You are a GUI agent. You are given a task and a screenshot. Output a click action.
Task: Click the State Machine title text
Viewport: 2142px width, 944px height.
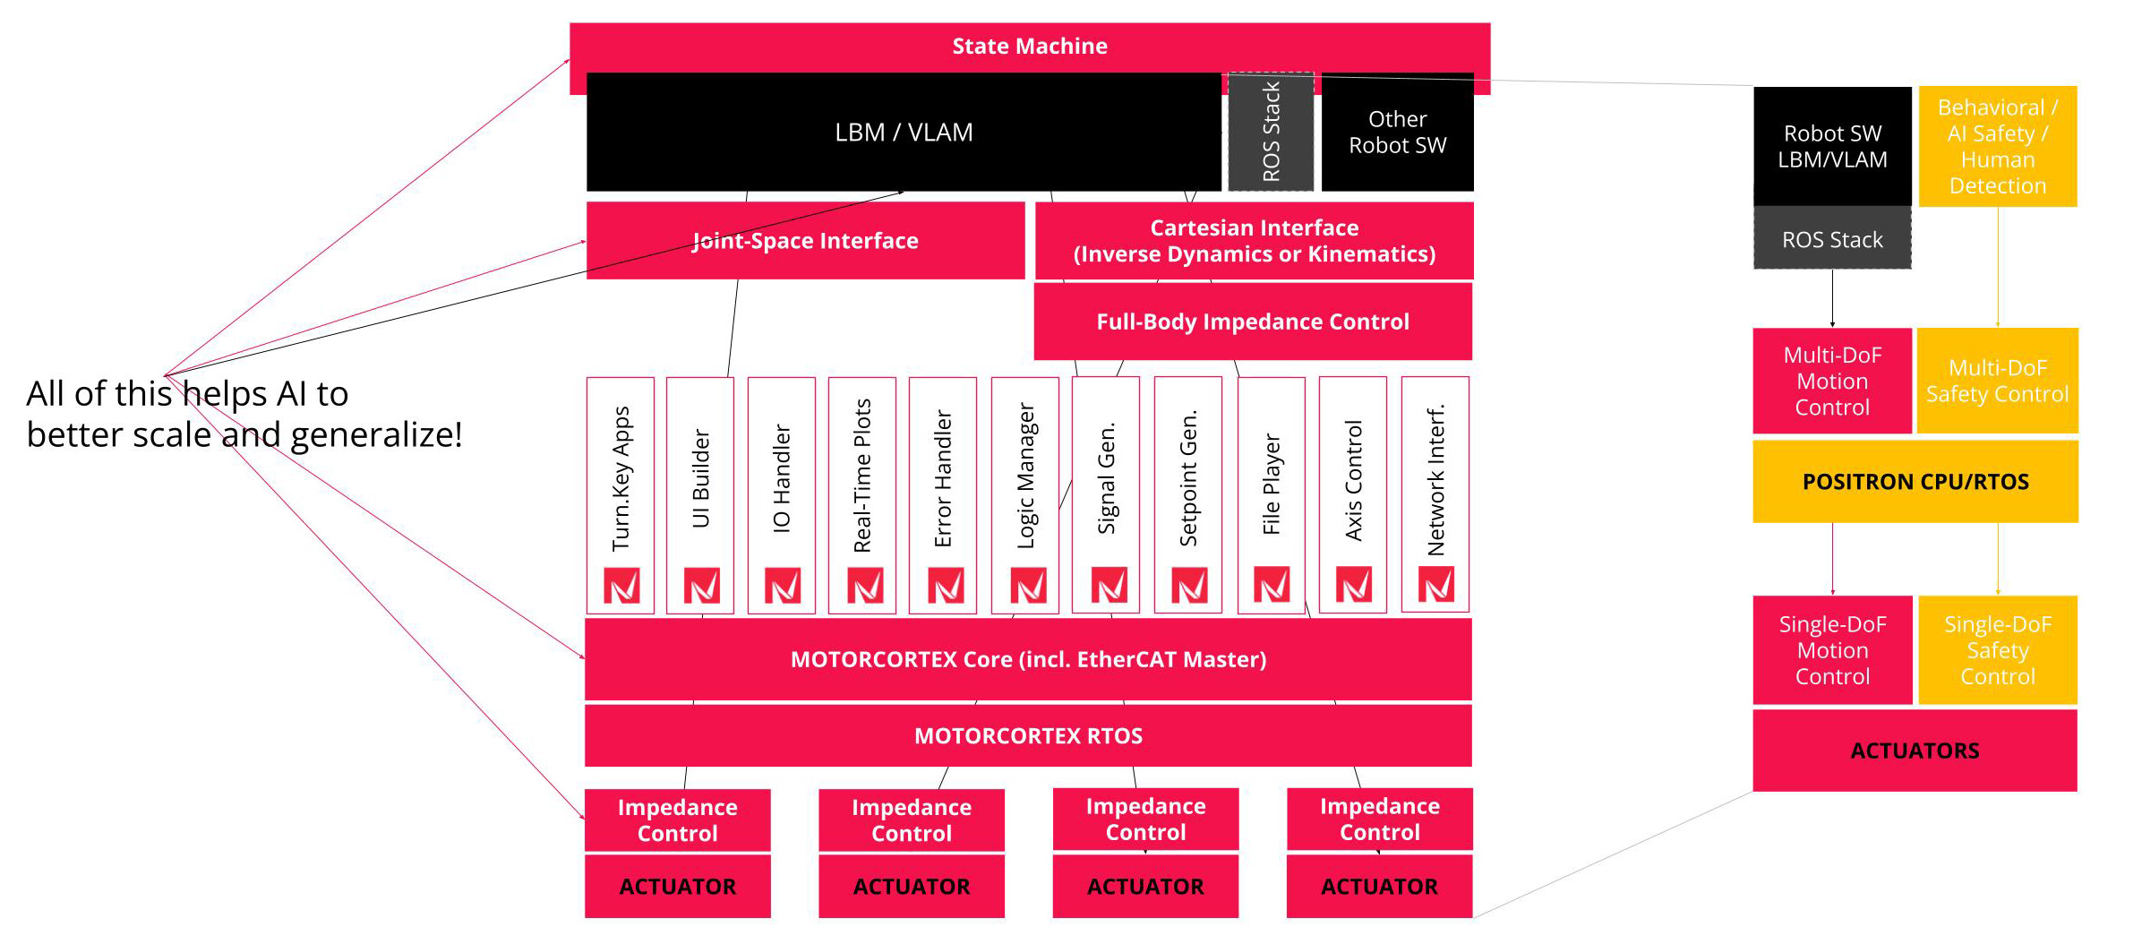(x=1029, y=47)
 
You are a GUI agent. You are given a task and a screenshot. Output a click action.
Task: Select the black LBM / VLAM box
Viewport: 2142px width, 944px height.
(x=903, y=133)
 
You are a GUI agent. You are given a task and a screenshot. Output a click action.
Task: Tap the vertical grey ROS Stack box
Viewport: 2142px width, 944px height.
(x=1270, y=132)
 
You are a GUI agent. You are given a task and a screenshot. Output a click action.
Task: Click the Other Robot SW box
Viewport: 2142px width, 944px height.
(x=1397, y=132)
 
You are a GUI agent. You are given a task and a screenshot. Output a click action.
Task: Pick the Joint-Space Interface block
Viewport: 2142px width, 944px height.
(x=804, y=240)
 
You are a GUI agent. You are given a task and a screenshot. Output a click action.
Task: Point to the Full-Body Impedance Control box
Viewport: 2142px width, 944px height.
(x=1252, y=322)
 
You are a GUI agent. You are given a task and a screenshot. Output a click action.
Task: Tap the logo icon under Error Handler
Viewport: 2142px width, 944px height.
(x=946, y=586)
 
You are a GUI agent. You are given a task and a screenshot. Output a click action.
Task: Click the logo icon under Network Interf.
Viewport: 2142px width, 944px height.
(x=1436, y=585)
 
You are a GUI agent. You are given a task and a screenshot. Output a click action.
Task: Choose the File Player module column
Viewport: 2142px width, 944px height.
(x=1271, y=485)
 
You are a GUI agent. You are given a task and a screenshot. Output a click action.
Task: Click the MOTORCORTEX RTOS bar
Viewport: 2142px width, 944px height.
(x=1027, y=736)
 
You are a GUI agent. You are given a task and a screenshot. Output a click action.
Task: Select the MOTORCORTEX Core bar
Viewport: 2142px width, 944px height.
(x=1027, y=660)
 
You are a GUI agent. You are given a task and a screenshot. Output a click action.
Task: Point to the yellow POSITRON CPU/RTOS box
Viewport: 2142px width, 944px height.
(x=1915, y=482)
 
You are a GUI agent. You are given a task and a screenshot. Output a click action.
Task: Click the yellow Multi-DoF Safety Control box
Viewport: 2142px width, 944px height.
(x=1997, y=381)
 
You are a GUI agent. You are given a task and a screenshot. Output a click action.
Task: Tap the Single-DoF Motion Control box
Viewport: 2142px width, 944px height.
(x=1831, y=650)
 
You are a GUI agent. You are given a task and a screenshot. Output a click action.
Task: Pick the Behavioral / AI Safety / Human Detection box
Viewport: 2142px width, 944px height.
(x=1997, y=147)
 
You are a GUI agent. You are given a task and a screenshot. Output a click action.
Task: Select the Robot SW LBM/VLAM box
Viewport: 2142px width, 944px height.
(x=1831, y=147)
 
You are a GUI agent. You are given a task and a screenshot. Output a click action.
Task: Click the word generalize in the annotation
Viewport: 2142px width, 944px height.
(x=376, y=435)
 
